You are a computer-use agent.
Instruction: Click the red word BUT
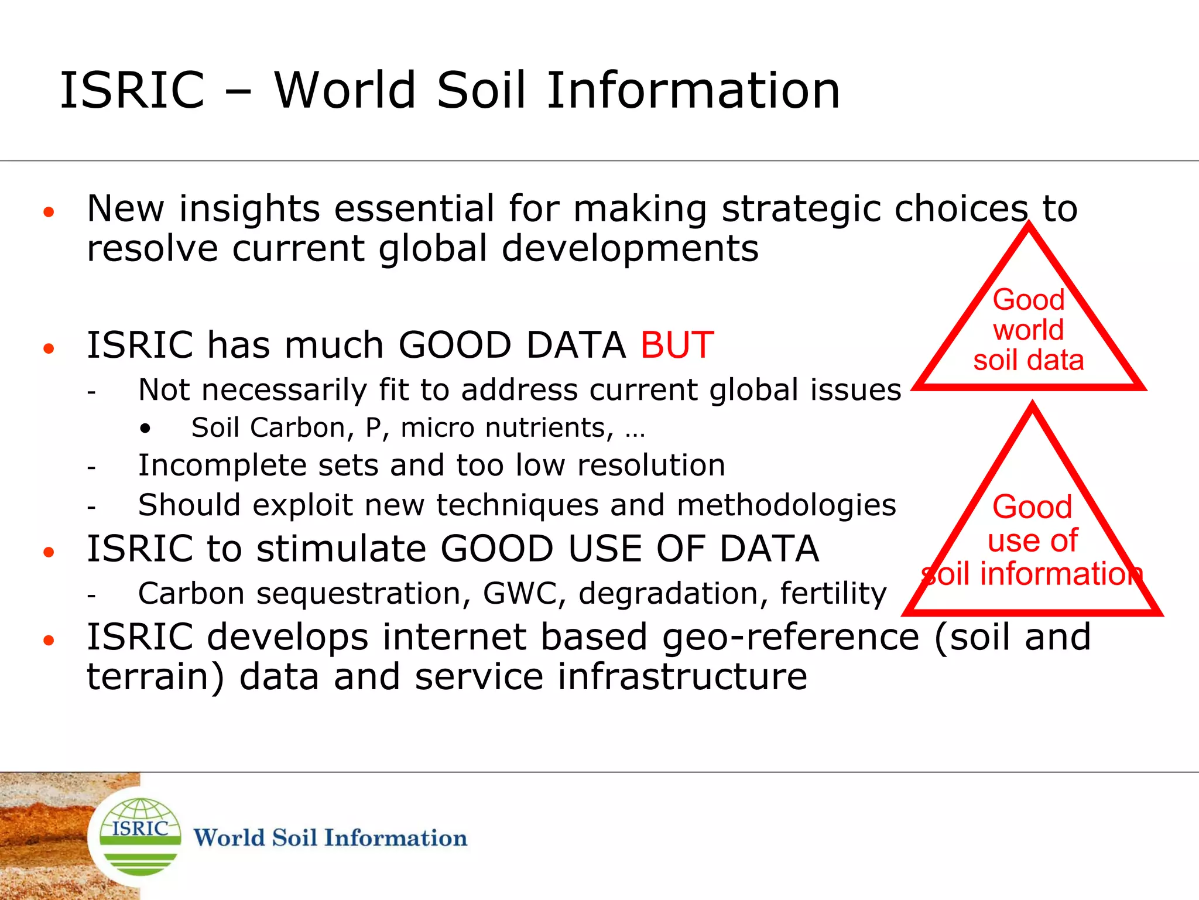677,345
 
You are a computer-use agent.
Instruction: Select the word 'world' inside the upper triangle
1028,330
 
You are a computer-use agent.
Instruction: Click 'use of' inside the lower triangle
1032,540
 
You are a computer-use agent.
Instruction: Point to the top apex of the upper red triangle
1029,225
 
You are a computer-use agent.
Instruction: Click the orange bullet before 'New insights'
49,212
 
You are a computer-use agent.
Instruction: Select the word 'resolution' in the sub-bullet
651,466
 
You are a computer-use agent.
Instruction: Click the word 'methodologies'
786,505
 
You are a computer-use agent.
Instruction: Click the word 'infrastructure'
682,677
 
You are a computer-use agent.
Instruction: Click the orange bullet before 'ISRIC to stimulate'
49,552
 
